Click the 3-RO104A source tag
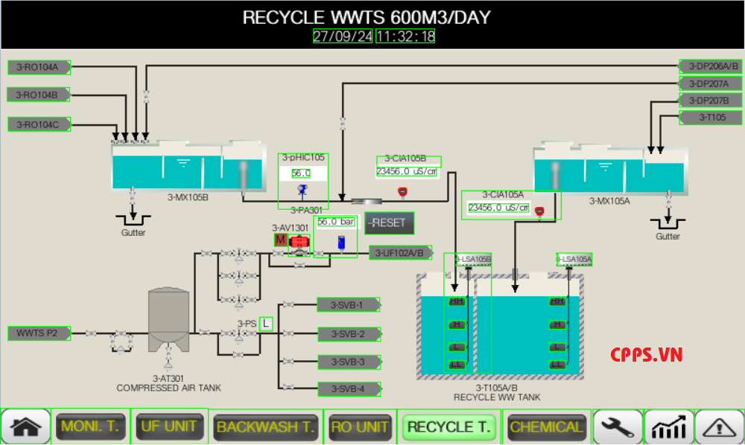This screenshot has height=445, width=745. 39,67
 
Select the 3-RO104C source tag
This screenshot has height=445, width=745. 39,124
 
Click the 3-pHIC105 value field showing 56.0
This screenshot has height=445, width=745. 301,173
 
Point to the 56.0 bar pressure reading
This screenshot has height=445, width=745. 335,222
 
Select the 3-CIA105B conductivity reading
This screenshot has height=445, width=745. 407,171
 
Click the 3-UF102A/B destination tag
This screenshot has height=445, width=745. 401,253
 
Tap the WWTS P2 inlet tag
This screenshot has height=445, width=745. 38,333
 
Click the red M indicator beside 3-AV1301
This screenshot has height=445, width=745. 280,240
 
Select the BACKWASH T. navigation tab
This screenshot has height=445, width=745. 265,427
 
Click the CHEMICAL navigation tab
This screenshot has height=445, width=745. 546,427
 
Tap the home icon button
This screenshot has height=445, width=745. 26,427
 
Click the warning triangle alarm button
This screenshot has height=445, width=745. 719,427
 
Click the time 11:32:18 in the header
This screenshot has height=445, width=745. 405,36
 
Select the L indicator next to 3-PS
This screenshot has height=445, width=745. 266,323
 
